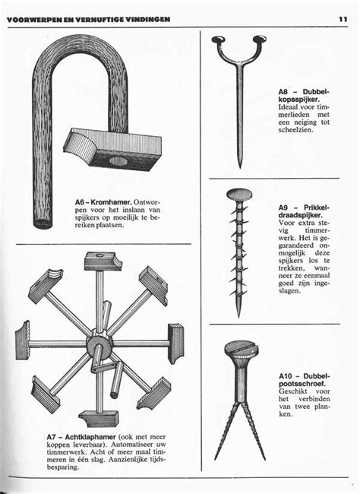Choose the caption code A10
[289, 375]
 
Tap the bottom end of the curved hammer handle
[44, 223]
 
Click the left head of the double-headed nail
[219, 39]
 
